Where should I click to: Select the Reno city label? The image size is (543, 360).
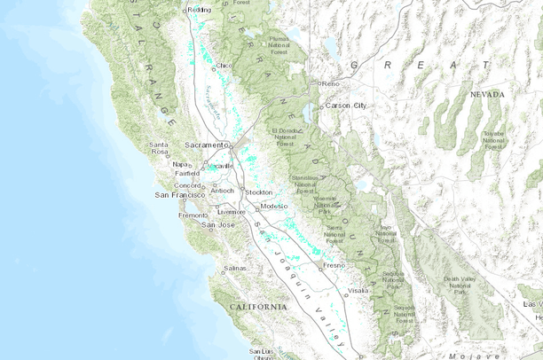332,83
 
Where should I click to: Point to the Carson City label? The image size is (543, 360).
346,105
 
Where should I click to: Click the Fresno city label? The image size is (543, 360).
334,265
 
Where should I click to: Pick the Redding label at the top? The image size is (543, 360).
201,10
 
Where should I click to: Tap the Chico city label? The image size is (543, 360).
224,66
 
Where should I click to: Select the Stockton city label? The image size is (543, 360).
258,192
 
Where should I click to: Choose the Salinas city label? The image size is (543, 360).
234,267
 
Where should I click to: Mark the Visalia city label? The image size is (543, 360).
358,290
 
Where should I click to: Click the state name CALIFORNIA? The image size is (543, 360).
258,306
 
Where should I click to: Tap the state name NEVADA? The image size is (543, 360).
487,94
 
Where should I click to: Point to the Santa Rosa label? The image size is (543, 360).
159,148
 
